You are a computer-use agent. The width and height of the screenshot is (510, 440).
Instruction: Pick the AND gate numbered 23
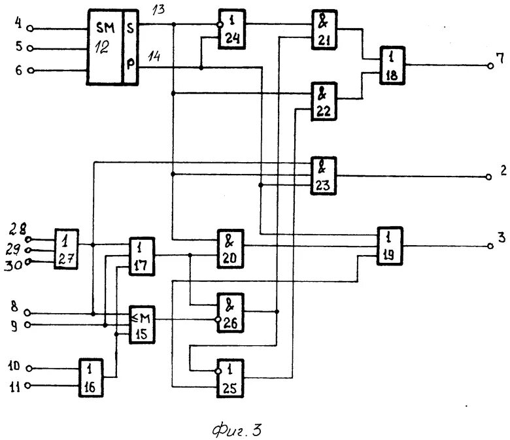point(323,175)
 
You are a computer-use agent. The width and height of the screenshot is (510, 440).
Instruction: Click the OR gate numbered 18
point(392,65)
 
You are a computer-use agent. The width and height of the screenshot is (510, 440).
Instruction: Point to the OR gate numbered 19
point(390,245)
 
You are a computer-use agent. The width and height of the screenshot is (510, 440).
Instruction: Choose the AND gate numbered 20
point(230,248)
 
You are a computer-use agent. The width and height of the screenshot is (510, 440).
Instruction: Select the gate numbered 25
point(231,378)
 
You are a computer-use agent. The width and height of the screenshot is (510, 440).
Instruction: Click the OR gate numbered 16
point(91,377)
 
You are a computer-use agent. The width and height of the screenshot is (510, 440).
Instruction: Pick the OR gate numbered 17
point(141,256)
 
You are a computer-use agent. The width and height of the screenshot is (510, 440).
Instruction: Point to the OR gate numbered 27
point(66,249)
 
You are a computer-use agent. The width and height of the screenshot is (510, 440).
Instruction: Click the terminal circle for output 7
point(488,65)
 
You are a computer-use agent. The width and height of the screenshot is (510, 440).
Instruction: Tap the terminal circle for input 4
point(29,29)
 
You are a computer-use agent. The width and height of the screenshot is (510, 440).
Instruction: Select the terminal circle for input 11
point(29,386)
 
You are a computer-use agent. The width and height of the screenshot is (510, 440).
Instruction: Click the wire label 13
point(160,10)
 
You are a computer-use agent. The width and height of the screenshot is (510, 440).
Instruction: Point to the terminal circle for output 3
point(488,246)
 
